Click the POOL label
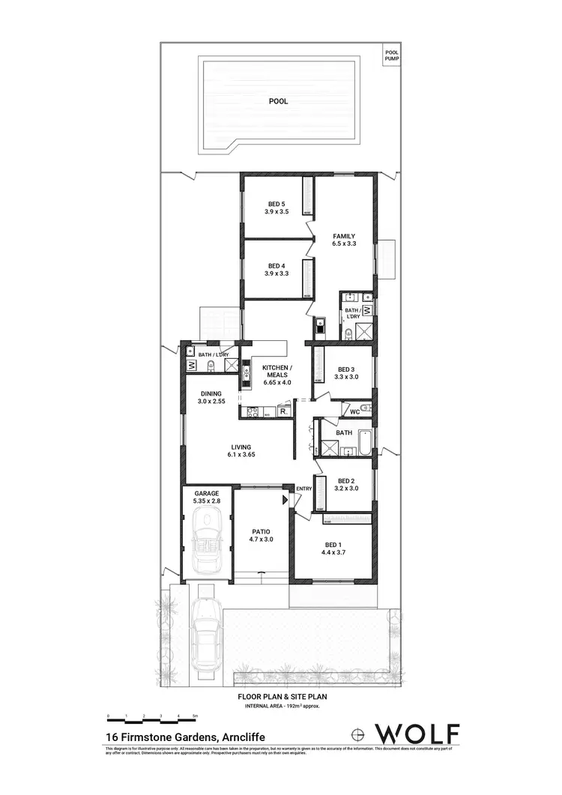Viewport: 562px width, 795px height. (278, 101)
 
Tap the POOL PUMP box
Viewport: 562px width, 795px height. (391, 55)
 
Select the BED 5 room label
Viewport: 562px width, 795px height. (277, 208)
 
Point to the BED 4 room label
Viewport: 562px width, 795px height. (277, 270)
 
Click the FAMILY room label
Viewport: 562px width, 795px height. (344, 240)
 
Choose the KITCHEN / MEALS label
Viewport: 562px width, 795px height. (277, 372)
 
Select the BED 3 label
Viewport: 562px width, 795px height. (345, 373)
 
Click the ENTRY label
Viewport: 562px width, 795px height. (303, 489)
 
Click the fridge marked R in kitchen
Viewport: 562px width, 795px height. (282, 411)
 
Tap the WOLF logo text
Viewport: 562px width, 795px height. (417, 731)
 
